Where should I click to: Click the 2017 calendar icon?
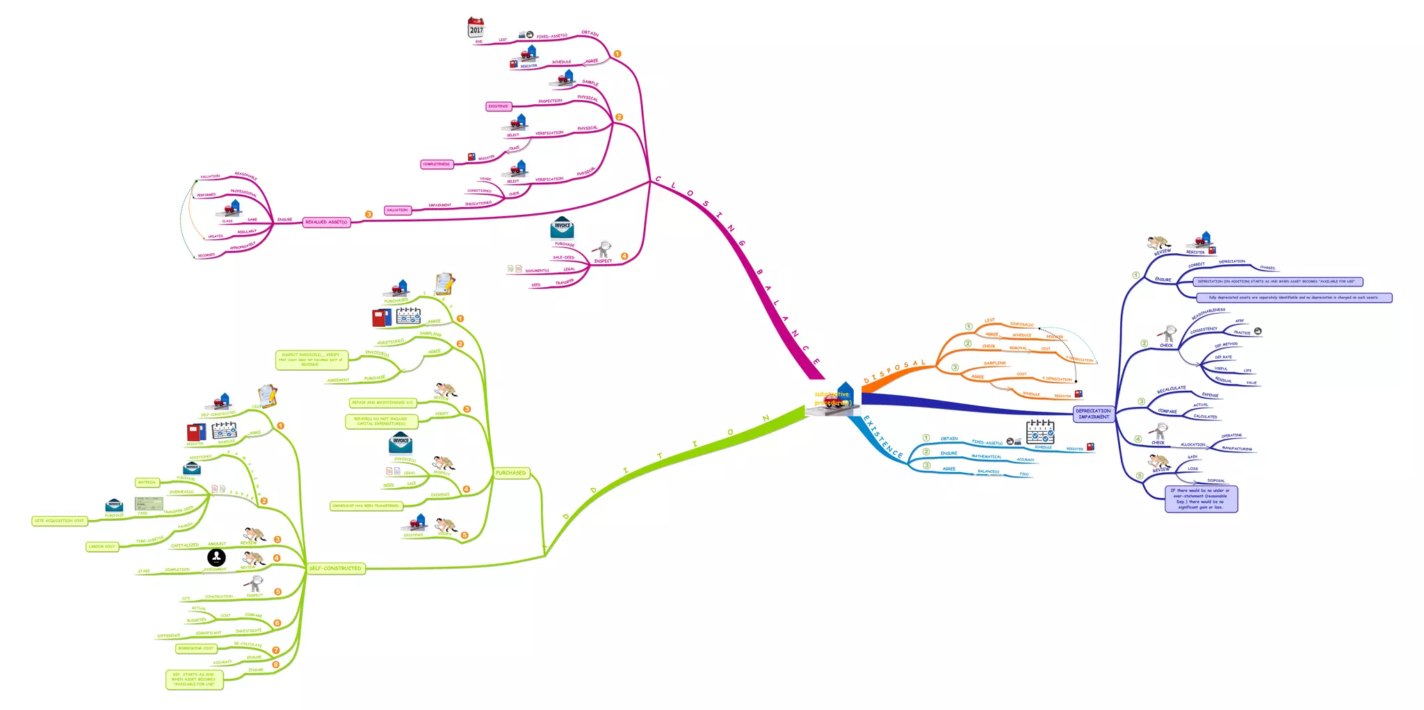pos(476,28)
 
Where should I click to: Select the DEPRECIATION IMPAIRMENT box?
pos(1094,414)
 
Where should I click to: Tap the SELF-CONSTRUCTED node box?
pos(335,568)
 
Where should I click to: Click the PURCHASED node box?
pos(511,473)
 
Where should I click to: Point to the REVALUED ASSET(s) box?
pos(326,222)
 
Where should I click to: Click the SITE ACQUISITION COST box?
pos(59,520)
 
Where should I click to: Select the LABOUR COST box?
pos(102,547)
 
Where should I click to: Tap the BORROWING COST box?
pos(196,648)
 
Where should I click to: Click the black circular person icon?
pos(216,557)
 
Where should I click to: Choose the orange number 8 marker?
pos(276,665)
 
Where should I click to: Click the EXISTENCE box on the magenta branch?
pos(498,106)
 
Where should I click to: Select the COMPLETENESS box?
pos(437,164)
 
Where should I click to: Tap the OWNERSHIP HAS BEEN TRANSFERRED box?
pos(366,506)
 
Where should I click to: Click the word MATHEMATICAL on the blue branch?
pos(986,456)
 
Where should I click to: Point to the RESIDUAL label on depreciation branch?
pos(1223,380)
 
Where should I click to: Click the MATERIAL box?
pos(147,482)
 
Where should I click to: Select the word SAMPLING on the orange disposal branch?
pos(994,363)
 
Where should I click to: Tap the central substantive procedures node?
pos(832,400)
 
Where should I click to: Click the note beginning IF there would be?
pos(1201,499)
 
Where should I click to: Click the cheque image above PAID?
pos(149,503)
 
